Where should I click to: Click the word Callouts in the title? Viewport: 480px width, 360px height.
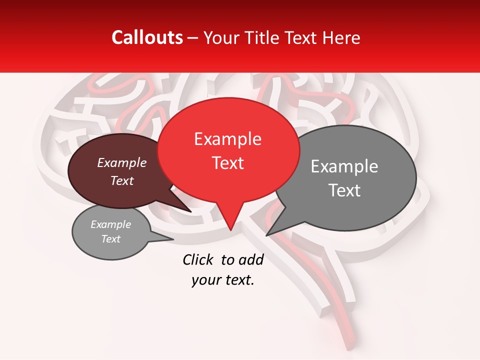click(147, 37)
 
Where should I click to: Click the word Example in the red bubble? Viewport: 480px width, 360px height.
click(227, 139)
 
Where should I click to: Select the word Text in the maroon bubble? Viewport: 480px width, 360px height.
click(121, 181)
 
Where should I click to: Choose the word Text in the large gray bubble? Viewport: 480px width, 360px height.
click(344, 190)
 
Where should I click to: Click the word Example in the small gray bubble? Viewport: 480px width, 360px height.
click(110, 224)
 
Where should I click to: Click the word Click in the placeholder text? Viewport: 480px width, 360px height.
click(198, 259)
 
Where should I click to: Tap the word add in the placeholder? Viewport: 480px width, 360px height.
click(251, 259)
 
